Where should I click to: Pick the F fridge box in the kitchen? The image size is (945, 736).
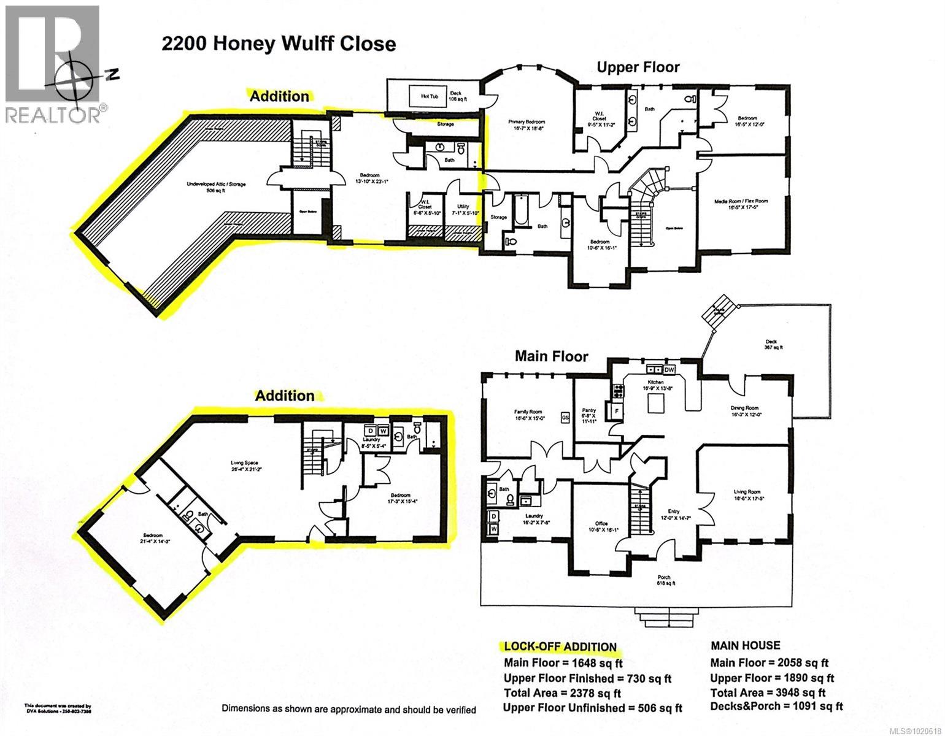tap(615, 409)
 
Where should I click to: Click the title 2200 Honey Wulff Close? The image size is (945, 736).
tap(278, 44)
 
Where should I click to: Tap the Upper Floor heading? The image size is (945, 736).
tap(638, 67)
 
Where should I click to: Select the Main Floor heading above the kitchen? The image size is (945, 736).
tap(551, 356)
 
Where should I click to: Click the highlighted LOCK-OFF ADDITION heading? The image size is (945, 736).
tap(560, 646)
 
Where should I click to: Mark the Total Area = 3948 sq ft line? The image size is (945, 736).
tap(768, 692)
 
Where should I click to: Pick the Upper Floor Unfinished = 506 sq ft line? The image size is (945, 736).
tap(592, 708)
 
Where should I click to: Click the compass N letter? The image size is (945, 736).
tap(112, 74)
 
